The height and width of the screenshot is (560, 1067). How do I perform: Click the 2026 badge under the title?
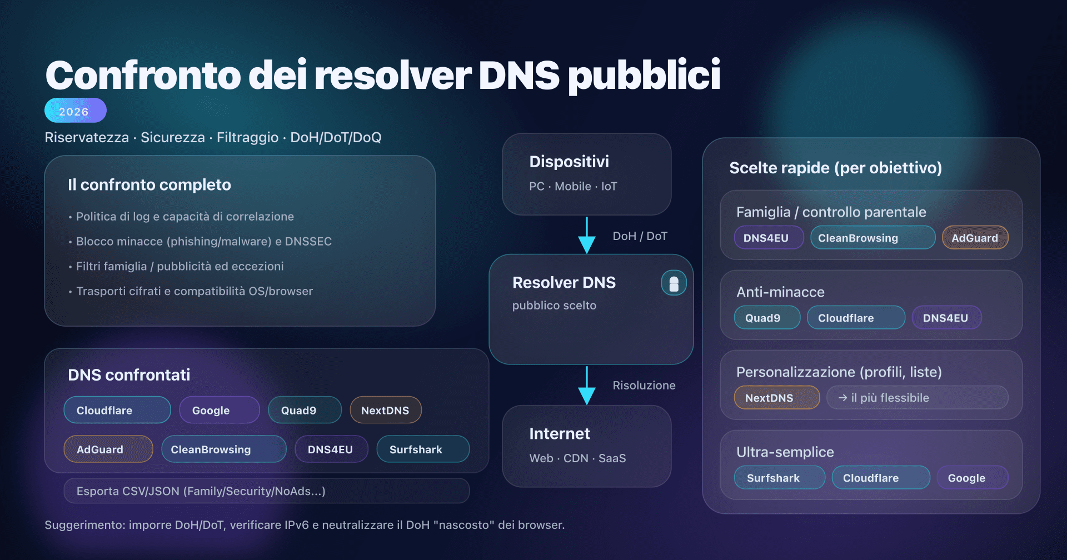[75, 111]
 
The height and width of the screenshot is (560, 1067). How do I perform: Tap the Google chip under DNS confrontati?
[219, 410]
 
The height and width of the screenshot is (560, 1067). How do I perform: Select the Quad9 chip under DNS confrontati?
[304, 410]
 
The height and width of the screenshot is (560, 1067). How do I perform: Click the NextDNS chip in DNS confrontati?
[385, 410]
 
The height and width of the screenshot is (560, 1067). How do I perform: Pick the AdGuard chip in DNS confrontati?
[108, 449]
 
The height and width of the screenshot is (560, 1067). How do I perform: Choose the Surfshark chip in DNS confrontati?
[422, 449]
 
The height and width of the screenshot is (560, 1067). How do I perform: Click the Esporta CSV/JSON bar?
[266, 491]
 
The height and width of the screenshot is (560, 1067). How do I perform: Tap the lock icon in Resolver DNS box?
[674, 283]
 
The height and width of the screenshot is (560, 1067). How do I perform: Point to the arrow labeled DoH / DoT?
[587, 236]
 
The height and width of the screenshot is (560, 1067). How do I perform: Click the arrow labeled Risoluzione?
[587, 385]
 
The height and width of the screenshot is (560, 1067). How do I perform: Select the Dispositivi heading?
[569, 162]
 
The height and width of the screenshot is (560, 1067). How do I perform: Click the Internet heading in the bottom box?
[559, 434]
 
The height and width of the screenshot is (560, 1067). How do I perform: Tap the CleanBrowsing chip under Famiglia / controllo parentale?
[872, 238]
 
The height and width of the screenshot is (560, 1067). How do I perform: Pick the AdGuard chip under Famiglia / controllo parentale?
[975, 238]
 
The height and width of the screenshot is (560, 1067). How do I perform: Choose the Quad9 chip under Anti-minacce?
[766, 318]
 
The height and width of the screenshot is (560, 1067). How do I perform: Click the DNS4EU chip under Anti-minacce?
[946, 318]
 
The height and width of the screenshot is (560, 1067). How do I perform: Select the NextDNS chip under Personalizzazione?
[776, 398]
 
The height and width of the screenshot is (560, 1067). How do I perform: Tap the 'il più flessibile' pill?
[917, 398]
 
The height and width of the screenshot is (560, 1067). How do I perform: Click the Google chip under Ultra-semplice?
[971, 478]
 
